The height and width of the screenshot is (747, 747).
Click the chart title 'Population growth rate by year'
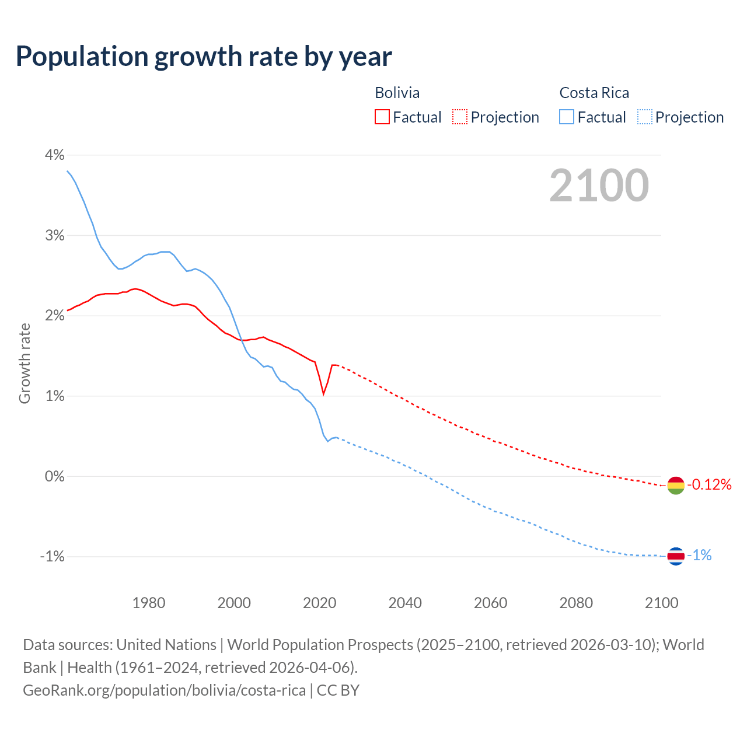click(x=204, y=57)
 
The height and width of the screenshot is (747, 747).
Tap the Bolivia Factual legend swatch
click(x=382, y=117)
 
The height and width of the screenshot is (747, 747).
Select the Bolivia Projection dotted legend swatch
click(x=460, y=117)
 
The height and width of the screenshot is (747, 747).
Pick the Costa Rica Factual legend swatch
click(x=567, y=117)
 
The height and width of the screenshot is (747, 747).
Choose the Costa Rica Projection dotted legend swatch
click(x=645, y=117)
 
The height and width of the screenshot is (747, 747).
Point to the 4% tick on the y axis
click(x=54, y=155)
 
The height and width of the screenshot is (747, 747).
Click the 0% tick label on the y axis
click(x=54, y=476)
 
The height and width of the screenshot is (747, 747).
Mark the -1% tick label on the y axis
click(x=52, y=556)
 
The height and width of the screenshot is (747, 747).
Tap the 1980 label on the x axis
click(x=149, y=603)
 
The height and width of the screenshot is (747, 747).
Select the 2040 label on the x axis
click(x=405, y=603)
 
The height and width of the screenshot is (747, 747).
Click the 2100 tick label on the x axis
click(x=661, y=603)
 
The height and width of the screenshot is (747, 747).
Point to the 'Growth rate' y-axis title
click(x=25, y=363)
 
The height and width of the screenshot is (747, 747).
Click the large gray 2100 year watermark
click(x=599, y=186)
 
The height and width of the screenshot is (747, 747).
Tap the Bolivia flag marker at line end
click(x=675, y=485)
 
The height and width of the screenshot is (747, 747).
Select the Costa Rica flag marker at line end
click(x=675, y=556)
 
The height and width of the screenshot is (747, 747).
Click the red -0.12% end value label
click(x=709, y=484)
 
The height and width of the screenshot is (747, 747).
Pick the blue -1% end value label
click(x=699, y=556)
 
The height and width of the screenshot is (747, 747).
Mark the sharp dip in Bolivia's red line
click(x=323, y=394)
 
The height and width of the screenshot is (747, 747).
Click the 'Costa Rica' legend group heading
click(x=594, y=93)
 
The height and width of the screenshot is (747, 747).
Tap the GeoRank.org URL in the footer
click(x=164, y=690)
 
